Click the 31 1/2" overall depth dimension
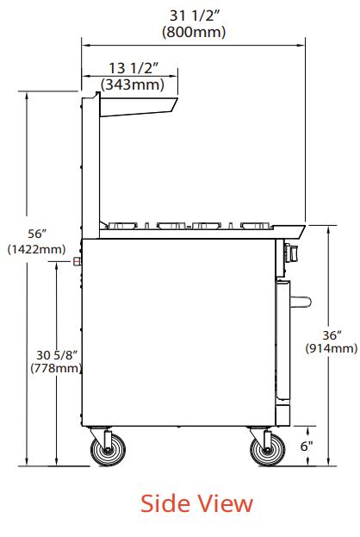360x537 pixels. (194, 16)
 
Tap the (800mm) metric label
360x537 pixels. (194, 32)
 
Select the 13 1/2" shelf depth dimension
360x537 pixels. (133, 68)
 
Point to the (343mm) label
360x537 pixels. (133, 84)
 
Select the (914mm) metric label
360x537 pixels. (332, 348)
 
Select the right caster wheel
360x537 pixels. (266, 449)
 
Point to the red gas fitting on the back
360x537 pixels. (78, 261)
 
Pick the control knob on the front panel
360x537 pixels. (289, 253)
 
